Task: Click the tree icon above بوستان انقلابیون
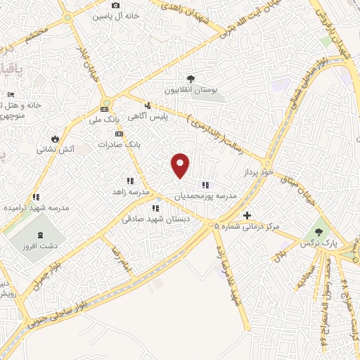coord(190,79)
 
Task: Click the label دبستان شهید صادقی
coord(147,219)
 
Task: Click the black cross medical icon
coord(246,215)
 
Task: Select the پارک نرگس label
coord(325,241)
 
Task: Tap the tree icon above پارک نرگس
coord(320,230)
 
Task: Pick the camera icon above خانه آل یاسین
coord(116,5)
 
